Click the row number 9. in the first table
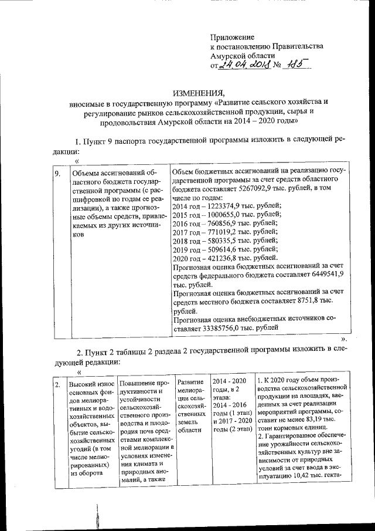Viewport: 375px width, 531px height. coord(57,174)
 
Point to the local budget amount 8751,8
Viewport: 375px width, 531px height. coord(305,300)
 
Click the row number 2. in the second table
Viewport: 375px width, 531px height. coord(57,385)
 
